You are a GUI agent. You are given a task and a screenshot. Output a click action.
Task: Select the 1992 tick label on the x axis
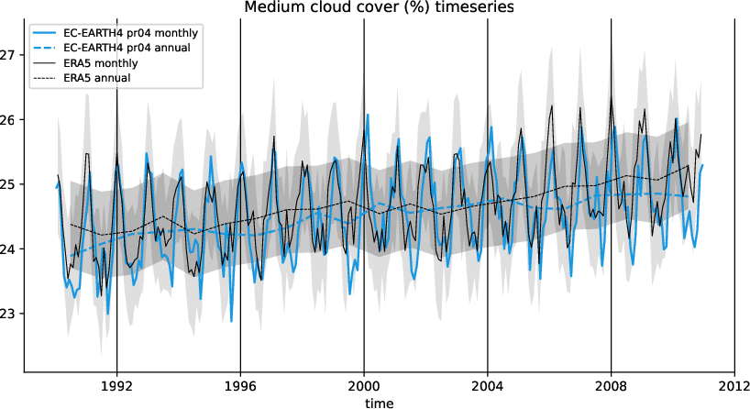click(116, 386)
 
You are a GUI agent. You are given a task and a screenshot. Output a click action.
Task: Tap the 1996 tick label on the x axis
click(240, 386)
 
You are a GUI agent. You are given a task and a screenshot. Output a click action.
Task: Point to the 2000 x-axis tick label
click(364, 386)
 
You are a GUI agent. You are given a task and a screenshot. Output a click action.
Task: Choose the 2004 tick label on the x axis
click(487, 386)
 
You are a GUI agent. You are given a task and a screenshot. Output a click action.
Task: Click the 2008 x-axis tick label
click(611, 386)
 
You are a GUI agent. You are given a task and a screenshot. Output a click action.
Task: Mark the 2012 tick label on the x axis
click(734, 386)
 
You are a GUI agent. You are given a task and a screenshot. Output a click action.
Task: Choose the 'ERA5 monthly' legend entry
click(102, 62)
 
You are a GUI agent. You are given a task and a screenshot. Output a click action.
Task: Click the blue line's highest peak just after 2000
click(368, 115)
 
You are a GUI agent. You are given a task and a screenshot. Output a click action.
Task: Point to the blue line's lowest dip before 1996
click(231, 321)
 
